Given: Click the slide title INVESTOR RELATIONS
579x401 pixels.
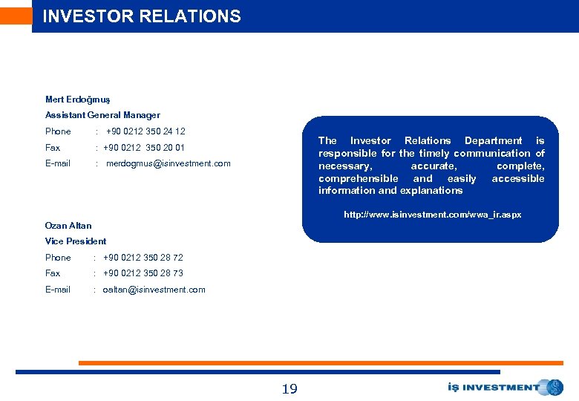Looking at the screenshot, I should click(142, 16).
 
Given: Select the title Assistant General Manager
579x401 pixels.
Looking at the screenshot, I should click(102, 115).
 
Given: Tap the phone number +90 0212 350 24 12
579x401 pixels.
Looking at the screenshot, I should click(145, 131).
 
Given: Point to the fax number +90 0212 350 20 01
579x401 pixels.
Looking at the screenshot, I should click(144, 148).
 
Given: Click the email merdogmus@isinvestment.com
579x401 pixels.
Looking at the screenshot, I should click(169, 163).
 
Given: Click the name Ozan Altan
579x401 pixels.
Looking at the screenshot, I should click(68, 226).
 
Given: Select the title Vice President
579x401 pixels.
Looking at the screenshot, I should click(76, 241).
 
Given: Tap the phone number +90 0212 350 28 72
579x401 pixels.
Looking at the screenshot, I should click(143, 258).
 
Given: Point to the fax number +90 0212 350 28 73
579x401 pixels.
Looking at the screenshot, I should click(143, 273).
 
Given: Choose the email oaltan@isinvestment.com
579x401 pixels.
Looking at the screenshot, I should click(154, 290).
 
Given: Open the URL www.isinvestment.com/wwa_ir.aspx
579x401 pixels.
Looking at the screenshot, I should click(432, 215).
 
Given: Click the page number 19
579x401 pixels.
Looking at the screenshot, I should click(289, 388).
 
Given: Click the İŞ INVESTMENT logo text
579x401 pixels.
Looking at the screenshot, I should click(494, 387).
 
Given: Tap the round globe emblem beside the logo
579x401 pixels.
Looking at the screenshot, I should click(553, 387).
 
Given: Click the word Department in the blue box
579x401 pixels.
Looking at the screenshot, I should click(493, 140).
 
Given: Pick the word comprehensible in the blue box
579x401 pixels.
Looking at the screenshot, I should click(358, 178).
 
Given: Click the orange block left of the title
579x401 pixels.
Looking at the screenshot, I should click(16, 16).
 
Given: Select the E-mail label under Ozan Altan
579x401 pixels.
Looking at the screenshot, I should click(58, 290).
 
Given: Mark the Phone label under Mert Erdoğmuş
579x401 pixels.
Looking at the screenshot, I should click(58, 131).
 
